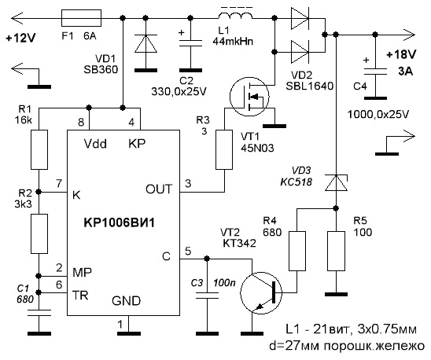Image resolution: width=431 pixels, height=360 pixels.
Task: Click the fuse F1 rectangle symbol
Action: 81,18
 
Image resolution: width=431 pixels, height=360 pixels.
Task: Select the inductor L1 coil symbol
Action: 236,17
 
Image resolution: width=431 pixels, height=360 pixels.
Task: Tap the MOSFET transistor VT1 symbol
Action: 249,96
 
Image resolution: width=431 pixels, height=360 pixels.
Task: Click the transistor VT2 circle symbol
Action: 261,293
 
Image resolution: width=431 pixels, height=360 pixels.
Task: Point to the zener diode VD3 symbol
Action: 336,182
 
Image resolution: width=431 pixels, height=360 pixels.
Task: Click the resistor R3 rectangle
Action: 225,150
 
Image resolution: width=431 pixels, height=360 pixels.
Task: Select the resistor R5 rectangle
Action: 336,251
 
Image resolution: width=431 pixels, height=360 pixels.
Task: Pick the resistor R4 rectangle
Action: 297,251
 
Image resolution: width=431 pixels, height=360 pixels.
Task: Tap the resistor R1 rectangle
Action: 39,150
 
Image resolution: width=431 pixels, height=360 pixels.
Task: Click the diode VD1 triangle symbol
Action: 146,43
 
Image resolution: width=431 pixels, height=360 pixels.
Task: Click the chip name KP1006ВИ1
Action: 119,222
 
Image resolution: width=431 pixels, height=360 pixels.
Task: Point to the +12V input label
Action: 20,38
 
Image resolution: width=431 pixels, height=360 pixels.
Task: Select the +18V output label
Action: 402,55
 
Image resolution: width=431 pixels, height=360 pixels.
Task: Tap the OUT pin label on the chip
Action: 159,189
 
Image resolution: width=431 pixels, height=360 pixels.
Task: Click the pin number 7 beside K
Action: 59,184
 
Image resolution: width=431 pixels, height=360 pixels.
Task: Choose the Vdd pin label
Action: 95,144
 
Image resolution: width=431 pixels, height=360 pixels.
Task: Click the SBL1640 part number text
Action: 310,86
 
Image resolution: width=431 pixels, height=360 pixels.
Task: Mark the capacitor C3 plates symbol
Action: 208,296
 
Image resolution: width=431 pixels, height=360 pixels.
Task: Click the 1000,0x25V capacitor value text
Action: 378,114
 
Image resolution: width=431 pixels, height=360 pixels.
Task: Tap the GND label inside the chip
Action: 126,301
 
